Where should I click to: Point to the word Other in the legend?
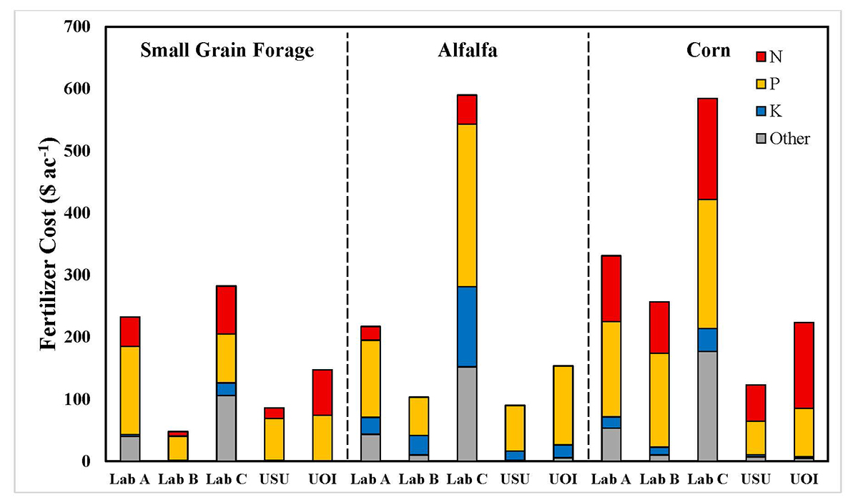pyautogui.click(x=789, y=139)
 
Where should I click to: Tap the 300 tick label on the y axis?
pyautogui.click(x=80, y=275)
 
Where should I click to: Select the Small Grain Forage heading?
pyautogui.click(x=227, y=51)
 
